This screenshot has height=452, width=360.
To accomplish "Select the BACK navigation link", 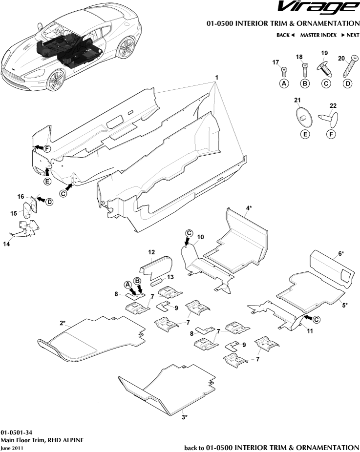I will click(x=285, y=35).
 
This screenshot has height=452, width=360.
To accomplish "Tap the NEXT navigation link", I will click(x=350, y=35).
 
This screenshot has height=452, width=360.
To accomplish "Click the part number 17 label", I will click(x=275, y=62).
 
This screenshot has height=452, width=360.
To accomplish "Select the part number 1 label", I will click(x=216, y=78).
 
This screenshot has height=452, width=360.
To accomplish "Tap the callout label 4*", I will click(x=249, y=208).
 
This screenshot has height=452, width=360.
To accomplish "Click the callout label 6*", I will click(x=341, y=253).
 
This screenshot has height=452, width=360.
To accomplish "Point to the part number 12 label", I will click(x=151, y=252).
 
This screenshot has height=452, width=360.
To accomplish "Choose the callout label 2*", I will click(x=63, y=323).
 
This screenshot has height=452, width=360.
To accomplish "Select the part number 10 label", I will click(x=200, y=237).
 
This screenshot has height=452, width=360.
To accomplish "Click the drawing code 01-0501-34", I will click(x=17, y=432).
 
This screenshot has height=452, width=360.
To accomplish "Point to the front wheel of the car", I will click(x=56, y=78).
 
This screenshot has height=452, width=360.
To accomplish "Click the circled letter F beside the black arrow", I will click(x=47, y=148).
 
